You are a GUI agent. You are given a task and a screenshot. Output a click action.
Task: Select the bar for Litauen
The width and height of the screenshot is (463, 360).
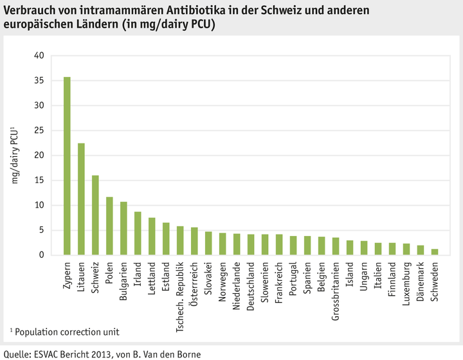pos(81,199)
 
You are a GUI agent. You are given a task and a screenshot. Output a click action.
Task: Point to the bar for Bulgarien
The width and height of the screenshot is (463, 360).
pos(123,228)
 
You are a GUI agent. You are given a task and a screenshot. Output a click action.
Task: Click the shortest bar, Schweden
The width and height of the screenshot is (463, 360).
pos(435,252)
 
